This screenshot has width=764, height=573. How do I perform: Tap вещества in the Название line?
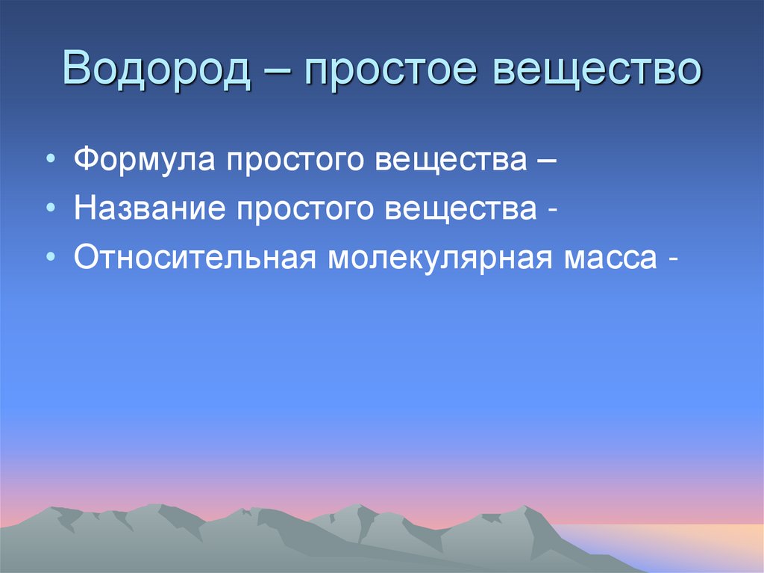[462, 209]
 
